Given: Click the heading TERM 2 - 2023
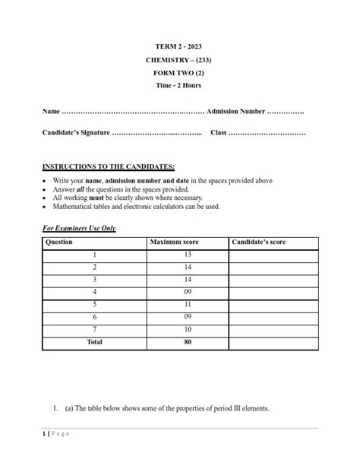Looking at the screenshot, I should point(179,46).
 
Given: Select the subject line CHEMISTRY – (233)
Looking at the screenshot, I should point(179,59).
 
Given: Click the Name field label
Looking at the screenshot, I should point(51,111).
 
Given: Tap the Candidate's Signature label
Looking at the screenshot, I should point(76,133).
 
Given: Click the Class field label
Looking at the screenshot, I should point(219,133).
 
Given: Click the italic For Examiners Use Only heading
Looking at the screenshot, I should point(79,228).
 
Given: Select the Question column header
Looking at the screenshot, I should point(59,243).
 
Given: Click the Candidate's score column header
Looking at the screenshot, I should point(259,243).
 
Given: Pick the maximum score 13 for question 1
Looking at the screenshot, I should point(188,255).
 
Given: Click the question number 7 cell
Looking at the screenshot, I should point(95,329).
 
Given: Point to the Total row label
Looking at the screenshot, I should point(95,342).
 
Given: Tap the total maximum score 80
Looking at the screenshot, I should point(188,342).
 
